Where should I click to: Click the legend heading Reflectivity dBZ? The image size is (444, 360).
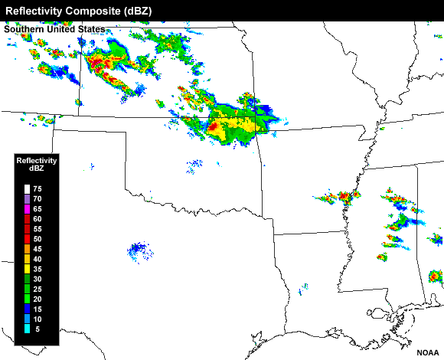click(x=37, y=164)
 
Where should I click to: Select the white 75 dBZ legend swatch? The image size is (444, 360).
click(x=27, y=188)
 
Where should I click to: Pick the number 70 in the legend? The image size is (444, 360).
click(x=38, y=198)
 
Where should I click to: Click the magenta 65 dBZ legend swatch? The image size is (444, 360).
click(x=27, y=208)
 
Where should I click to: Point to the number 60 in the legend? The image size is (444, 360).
click(x=38, y=218)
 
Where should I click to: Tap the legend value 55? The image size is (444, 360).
click(x=38, y=228)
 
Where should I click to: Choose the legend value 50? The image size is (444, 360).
click(x=38, y=238)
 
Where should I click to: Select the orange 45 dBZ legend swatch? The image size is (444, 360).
click(x=27, y=248)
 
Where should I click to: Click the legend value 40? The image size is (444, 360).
click(x=38, y=258)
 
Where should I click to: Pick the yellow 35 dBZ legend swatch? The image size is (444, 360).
click(x=27, y=268)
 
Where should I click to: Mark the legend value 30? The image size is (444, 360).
click(x=38, y=279)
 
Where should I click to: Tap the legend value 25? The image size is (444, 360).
click(x=38, y=289)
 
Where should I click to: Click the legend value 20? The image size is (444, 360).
click(x=38, y=299)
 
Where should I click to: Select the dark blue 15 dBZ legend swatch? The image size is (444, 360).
click(x=27, y=309)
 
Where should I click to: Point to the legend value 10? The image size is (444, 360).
click(x=38, y=319)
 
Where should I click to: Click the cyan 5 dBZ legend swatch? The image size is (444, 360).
click(x=27, y=329)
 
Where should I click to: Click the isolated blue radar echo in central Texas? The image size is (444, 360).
click(x=138, y=249)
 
